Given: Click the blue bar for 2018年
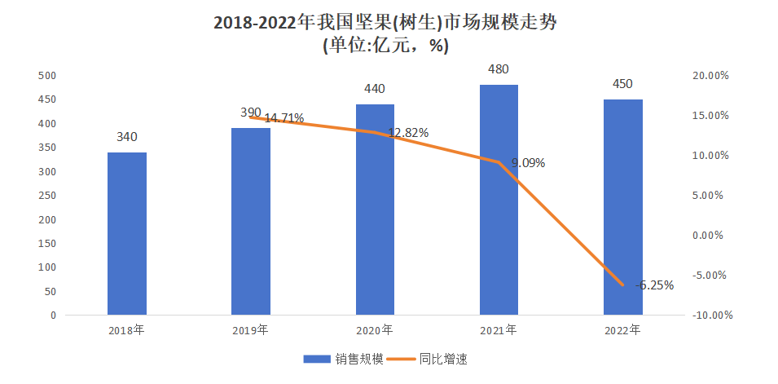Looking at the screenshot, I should tap(127, 233).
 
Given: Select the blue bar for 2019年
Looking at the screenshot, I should tap(251, 221).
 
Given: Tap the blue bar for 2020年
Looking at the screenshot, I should tap(375, 210).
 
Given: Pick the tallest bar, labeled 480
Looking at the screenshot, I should tap(499, 200).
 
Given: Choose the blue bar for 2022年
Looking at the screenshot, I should tap(623, 207).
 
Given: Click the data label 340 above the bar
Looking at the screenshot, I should tap(127, 137).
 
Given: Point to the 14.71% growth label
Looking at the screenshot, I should tap(284, 118).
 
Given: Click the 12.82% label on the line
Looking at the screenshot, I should tap(408, 133).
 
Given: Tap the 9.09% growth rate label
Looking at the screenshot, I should tap(528, 163).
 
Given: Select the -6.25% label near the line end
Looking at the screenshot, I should tap(655, 285).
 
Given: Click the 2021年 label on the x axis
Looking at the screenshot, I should tap(499, 331).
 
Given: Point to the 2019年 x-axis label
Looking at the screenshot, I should tap(251, 331).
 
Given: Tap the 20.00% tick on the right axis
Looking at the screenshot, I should tap(710, 76).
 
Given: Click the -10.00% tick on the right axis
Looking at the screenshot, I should tap(710, 316).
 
